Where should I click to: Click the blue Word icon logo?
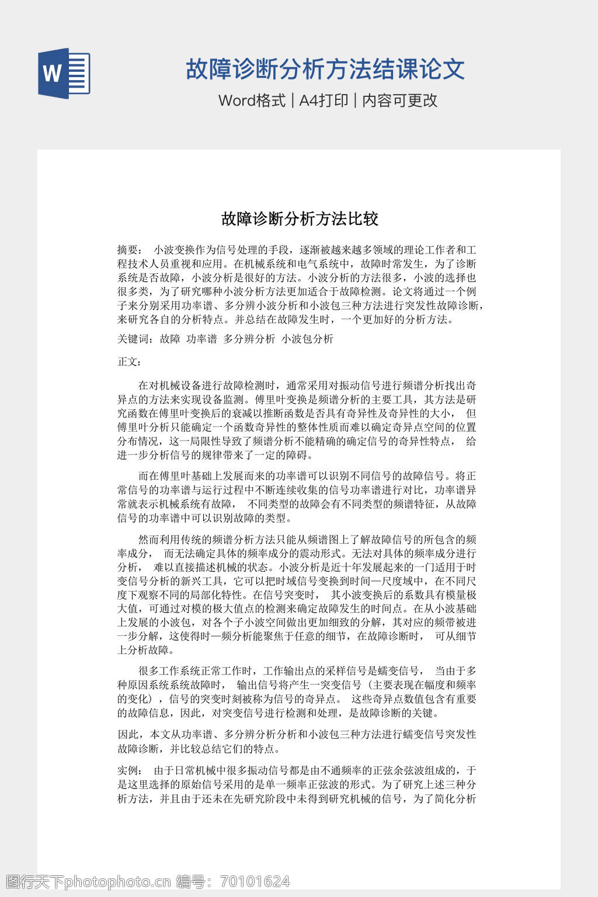[x=64, y=73]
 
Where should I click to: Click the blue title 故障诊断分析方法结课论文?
[x=325, y=69]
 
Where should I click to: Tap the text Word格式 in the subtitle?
[x=252, y=100]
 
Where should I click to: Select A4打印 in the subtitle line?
[x=324, y=100]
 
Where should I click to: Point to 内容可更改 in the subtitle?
[x=399, y=100]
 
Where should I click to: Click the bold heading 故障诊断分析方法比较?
[x=300, y=219]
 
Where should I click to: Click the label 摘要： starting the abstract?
[x=129, y=249]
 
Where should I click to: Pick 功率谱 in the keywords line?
[x=201, y=339]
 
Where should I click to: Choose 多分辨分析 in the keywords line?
[x=249, y=339]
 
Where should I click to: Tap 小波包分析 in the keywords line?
[x=307, y=339]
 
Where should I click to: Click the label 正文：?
[x=129, y=361]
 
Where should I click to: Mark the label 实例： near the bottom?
[x=129, y=770]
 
